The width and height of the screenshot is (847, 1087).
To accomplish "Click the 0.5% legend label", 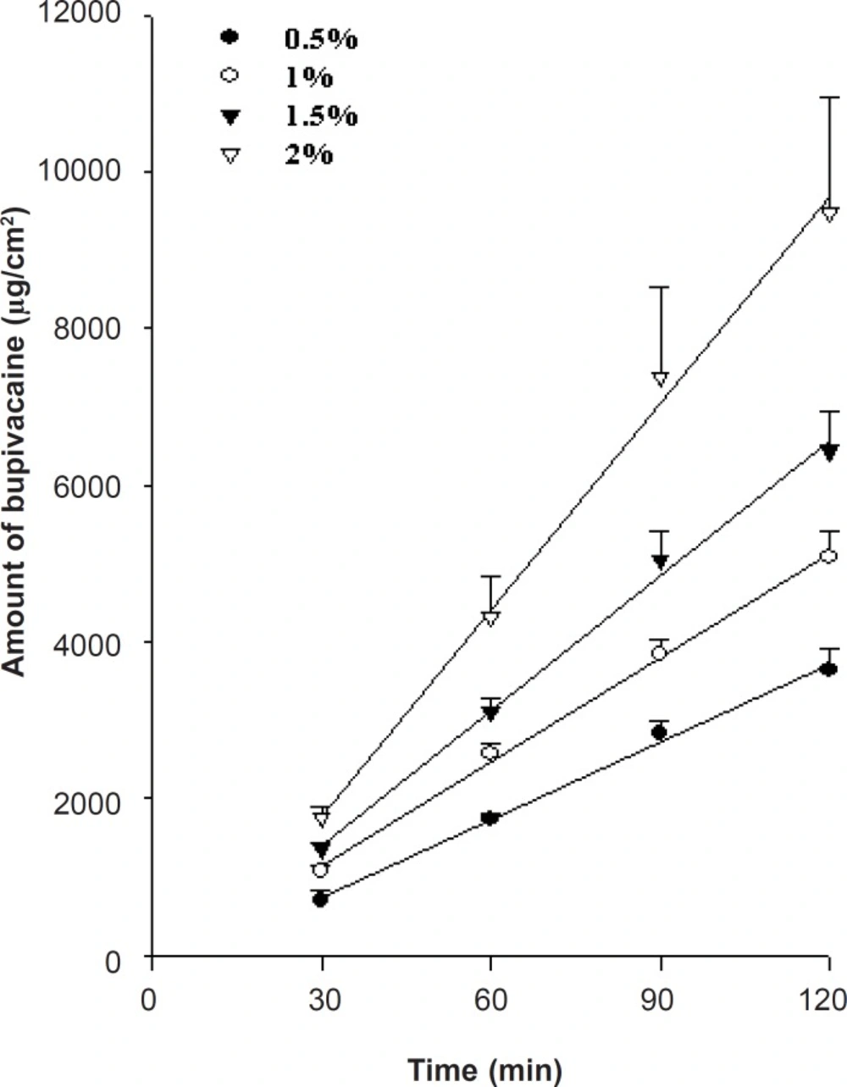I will click(x=320, y=39).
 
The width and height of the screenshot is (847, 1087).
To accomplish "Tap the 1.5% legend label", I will click(x=320, y=115).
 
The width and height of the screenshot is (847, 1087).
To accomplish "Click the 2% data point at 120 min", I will click(x=830, y=211).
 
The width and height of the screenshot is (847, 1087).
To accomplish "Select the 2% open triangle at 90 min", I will click(x=661, y=378).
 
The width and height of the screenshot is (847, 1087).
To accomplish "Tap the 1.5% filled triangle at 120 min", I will click(x=830, y=450).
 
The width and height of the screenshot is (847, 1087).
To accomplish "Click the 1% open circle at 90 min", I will click(x=659, y=652).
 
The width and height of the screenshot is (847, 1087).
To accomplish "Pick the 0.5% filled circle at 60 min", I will click(x=490, y=818).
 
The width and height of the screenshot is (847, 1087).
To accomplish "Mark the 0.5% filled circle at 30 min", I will click(x=320, y=899).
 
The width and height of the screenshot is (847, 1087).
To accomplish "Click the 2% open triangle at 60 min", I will click(x=490, y=617).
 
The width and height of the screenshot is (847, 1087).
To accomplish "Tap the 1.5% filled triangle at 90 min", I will click(x=661, y=561).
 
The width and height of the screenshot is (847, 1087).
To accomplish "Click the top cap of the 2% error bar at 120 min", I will click(x=830, y=97).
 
